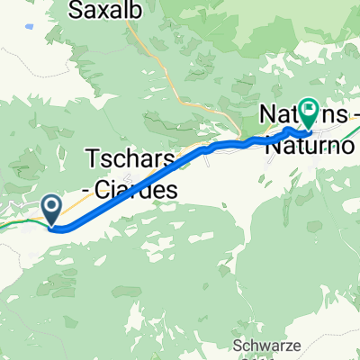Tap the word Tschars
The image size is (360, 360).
[x=127, y=159]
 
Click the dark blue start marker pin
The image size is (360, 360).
[x=52, y=209]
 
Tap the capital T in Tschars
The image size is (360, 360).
[x=94, y=159]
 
